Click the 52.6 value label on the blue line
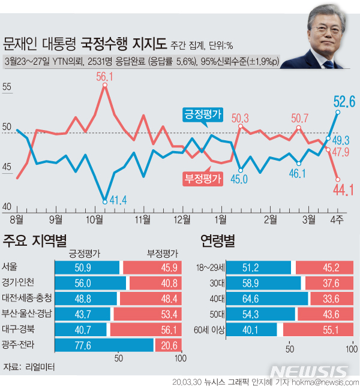click(x=344, y=101)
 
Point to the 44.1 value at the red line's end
click(x=343, y=191)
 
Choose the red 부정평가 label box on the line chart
click(x=203, y=179)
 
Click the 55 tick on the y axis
click(x=8, y=87)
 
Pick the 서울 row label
click(x=10, y=267)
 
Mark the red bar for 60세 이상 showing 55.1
click(x=316, y=330)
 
